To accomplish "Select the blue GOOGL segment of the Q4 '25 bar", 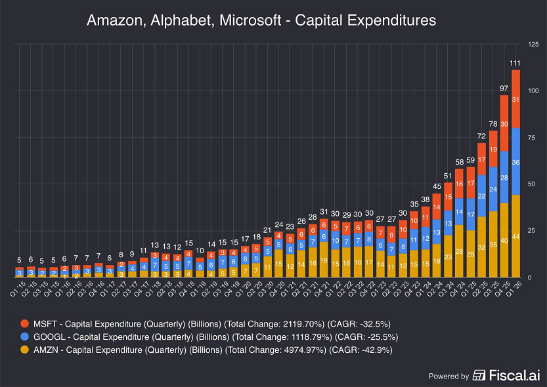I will click(504, 177).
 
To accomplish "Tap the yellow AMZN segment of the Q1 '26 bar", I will click(515, 235).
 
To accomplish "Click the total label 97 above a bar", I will click(504, 88).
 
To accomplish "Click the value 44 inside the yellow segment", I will click(515, 236).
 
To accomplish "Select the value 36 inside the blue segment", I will click(515, 162).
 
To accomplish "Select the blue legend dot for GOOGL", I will click(25, 336).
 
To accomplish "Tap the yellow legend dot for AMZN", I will click(25, 350).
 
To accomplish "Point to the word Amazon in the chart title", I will click(114, 21).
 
